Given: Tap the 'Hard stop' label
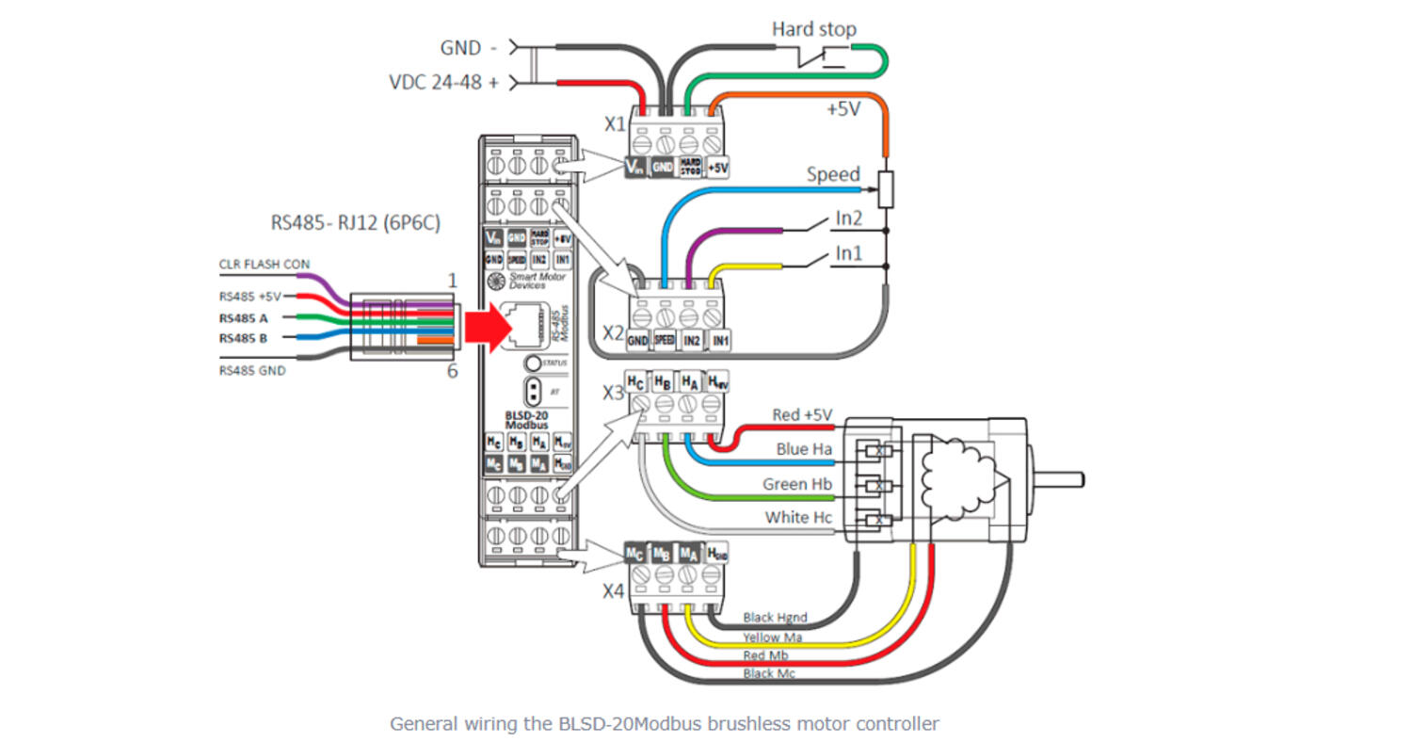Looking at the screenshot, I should [x=814, y=29].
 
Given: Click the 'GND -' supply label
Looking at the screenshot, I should [x=468, y=47].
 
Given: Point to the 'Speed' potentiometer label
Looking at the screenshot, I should [x=833, y=174].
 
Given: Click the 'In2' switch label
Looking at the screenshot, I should [x=849, y=218].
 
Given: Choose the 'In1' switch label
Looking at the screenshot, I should [x=849, y=254].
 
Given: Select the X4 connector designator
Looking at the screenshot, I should [x=613, y=590].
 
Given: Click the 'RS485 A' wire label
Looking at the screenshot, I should [x=243, y=317].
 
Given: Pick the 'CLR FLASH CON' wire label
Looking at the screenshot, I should [x=264, y=265].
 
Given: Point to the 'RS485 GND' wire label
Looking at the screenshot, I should [x=251, y=371].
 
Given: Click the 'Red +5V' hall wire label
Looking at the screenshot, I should [x=802, y=415].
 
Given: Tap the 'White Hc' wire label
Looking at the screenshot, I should [x=798, y=517].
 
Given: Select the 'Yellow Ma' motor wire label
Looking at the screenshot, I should [x=772, y=637].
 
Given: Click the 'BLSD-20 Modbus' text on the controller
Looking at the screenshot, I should [x=527, y=420].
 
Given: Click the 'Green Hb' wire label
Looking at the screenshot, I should [x=797, y=484].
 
